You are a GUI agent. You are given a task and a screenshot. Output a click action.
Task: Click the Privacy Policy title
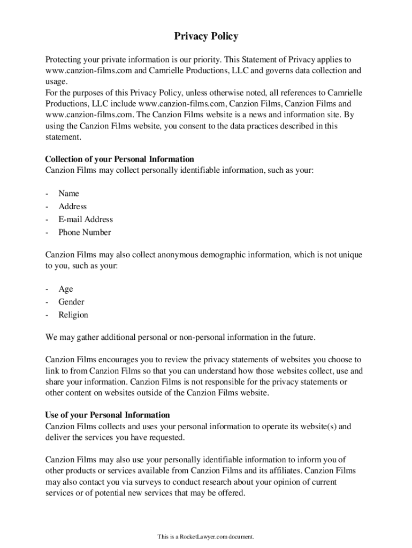(x=206, y=36)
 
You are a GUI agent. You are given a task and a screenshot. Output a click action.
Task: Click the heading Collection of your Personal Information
(x=119, y=159)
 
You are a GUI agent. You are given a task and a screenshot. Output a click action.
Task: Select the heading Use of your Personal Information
(x=108, y=415)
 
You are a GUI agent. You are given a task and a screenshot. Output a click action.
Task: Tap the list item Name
(x=68, y=193)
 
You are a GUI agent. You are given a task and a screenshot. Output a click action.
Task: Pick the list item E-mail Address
(x=86, y=219)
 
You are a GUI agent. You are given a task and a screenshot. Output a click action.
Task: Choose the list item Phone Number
(x=85, y=232)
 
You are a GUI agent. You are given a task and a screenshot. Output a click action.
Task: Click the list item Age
(x=66, y=289)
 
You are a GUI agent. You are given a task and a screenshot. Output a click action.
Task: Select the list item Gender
(x=71, y=302)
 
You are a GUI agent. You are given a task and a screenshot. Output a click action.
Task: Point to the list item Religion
(x=73, y=315)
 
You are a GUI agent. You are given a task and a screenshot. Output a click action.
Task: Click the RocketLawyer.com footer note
(x=205, y=536)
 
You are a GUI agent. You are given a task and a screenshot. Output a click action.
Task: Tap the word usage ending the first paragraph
(x=56, y=81)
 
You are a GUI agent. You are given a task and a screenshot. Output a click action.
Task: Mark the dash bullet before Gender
(x=47, y=302)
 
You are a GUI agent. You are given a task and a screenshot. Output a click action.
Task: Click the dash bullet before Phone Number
(x=47, y=232)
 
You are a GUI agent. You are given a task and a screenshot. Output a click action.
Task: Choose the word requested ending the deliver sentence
(x=167, y=437)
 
